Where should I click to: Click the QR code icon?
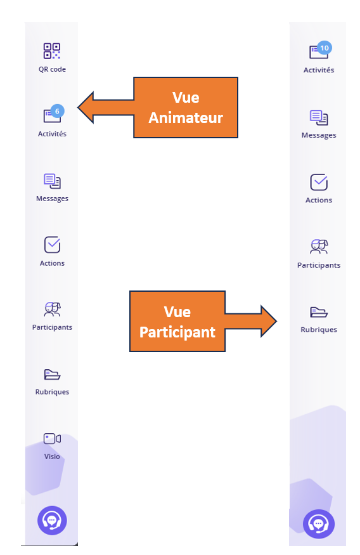pyautogui.click(x=52, y=51)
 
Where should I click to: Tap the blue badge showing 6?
pyautogui.click(x=57, y=111)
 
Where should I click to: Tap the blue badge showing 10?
pyautogui.click(x=325, y=48)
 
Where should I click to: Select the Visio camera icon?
pyautogui.click(x=53, y=438)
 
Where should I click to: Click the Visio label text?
pyautogui.click(x=52, y=457)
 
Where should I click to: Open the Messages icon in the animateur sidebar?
pyautogui.click(x=53, y=181)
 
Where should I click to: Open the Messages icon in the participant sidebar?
pyautogui.click(x=319, y=117)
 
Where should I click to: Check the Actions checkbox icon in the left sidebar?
pyautogui.click(x=53, y=245)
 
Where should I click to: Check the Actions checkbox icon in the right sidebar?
pyautogui.click(x=319, y=182)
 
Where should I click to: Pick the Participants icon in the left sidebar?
pyautogui.click(x=53, y=310)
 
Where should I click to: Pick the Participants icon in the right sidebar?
pyautogui.click(x=319, y=247)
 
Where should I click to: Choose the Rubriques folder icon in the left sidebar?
pyautogui.click(x=53, y=374)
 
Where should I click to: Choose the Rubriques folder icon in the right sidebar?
pyautogui.click(x=319, y=312)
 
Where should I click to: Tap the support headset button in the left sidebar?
pyautogui.click(x=53, y=520)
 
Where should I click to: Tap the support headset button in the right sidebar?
pyautogui.click(x=319, y=524)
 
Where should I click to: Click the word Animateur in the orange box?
pyautogui.click(x=186, y=118)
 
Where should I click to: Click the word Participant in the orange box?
pyautogui.click(x=177, y=332)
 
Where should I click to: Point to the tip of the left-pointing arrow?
pyautogui.click(x=78, y=108)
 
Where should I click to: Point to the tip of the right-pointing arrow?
pyautogui.click(x=276, y=322)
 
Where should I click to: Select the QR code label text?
pyautogui.click(x=53, y=69)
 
